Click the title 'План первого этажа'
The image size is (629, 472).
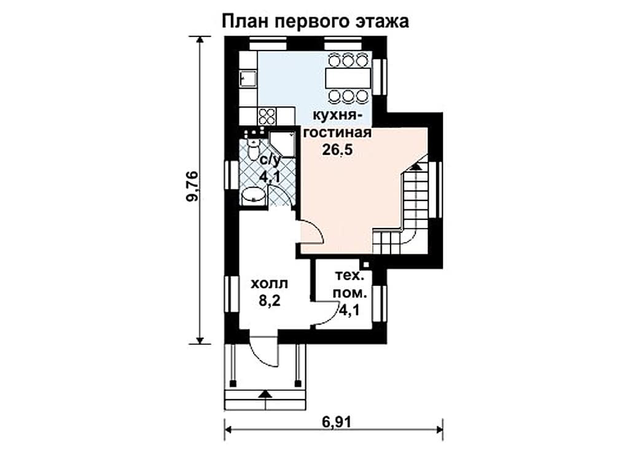point(315,21)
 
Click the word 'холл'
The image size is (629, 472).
point(269,284)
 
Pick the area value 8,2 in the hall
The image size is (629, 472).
point(269,300)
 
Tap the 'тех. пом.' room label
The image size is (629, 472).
point(350,285)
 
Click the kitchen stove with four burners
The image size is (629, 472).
point(267,116)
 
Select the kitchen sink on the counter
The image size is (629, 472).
point(248,79)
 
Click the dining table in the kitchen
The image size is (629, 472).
point(348,78)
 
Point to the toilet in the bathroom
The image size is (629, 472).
point(253,150)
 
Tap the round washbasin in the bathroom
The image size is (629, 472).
point(254,195)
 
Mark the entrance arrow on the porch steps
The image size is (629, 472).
point(264,393)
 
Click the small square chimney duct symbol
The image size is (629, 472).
point(366,265)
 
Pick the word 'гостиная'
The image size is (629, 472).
point(337,133)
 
